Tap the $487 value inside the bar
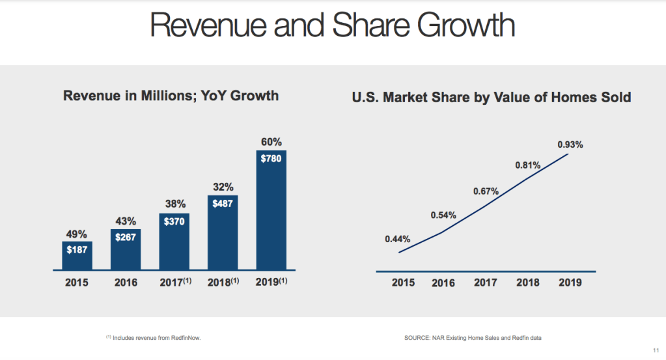(223, 204)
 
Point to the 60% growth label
(271, 142)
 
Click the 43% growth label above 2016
(126, 221)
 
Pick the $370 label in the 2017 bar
(174, 222)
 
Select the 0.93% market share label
(570, 145)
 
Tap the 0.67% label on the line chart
(486, 191)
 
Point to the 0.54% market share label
(443, 215)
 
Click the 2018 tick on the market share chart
(527, 283)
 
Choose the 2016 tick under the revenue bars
(125, 283)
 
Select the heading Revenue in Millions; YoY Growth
(171, 96)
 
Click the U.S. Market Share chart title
(492, 98)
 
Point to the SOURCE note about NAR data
(473, 338)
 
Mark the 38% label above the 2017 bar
(174, 202)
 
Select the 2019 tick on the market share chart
(570, 283)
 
